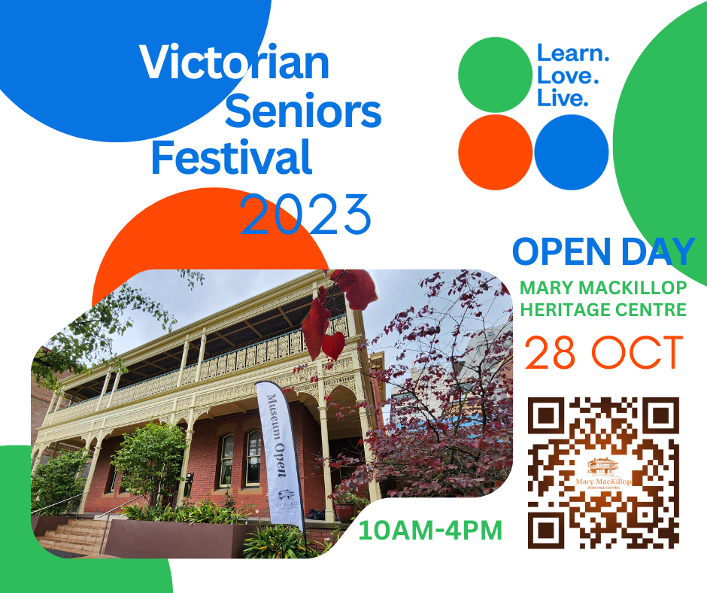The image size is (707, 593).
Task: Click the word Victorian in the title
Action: coord(235,63)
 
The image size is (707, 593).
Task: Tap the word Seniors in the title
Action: coord(303,112)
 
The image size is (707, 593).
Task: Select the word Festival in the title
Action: coord(232,159)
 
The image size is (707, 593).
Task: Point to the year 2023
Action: coord(305,214)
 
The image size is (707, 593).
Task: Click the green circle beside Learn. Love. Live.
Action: coord(495,75)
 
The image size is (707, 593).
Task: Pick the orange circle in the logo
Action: coord(495,152)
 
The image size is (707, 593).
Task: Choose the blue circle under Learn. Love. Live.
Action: coord(572,152)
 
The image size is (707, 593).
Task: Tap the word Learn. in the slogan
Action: coord(572,54)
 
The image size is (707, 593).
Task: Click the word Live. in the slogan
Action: coord(562,98)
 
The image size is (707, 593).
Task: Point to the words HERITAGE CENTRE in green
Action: coord(603,309)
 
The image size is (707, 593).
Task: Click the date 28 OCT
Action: coord(603,352)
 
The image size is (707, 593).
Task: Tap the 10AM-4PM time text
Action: coord(430,530)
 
